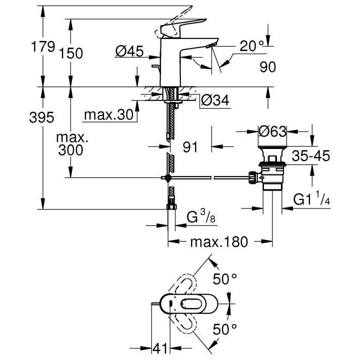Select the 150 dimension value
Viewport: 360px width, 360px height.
pos(72,53)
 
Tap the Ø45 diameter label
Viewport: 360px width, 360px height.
pos(129,51)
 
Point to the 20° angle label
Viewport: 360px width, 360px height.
pos(250,46)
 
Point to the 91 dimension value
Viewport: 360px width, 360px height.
pos(192,147)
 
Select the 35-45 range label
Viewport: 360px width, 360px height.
pos(310,156)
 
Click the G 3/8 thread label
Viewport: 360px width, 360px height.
pos(196,218)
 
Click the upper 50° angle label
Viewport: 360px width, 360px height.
pos(226,279)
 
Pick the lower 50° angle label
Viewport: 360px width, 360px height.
pos(226,329)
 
